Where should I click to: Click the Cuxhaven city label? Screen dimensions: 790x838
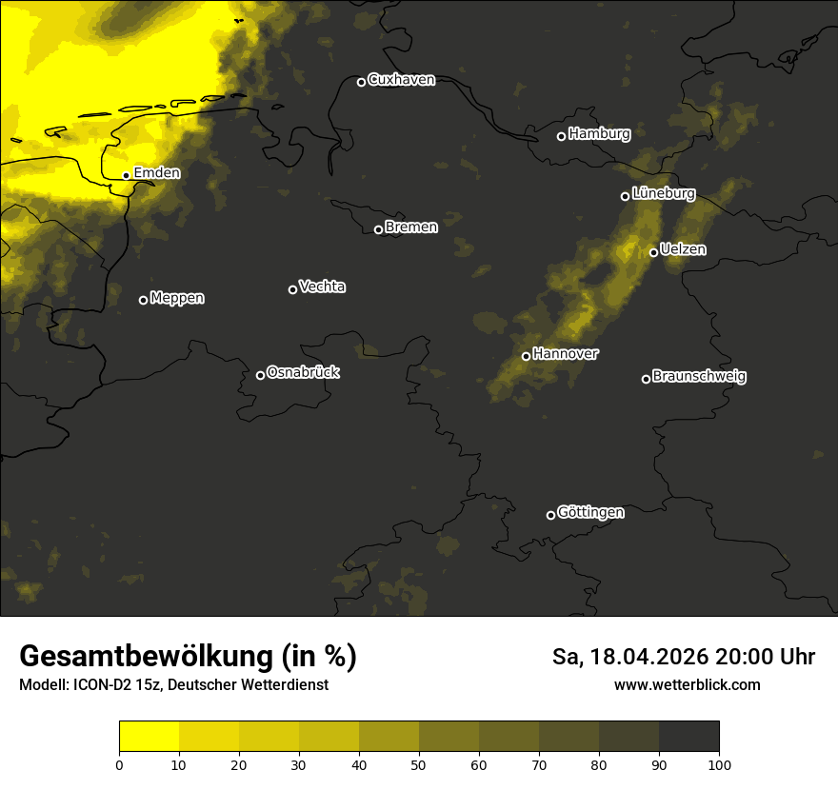pos(401,80)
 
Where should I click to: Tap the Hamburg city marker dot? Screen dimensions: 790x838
pos(561,136)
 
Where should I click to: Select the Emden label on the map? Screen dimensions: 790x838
pos(156,173)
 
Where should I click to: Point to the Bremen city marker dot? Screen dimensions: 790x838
pos(378,229)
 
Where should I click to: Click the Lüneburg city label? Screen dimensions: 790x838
pos(663,193)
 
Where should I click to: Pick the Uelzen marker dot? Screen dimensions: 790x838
pos(653,252)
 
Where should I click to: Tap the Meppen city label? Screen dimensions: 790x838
pos(177,298)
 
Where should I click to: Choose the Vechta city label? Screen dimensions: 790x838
pos(322,286)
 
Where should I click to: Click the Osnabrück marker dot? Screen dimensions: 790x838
pos(260,375)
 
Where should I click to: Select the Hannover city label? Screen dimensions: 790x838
pos(566,354)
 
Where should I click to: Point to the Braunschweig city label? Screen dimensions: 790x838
pos(699,377)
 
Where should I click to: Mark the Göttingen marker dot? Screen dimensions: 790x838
pos(550,515)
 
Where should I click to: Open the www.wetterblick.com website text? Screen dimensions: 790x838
pos(687,685)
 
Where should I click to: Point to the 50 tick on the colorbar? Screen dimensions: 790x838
pos(419,763)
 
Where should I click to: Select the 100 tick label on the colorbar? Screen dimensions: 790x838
pos(719,764)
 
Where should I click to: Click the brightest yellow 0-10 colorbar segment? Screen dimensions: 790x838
pos(150,737)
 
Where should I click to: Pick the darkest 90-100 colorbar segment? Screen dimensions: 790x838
pos(688,737)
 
